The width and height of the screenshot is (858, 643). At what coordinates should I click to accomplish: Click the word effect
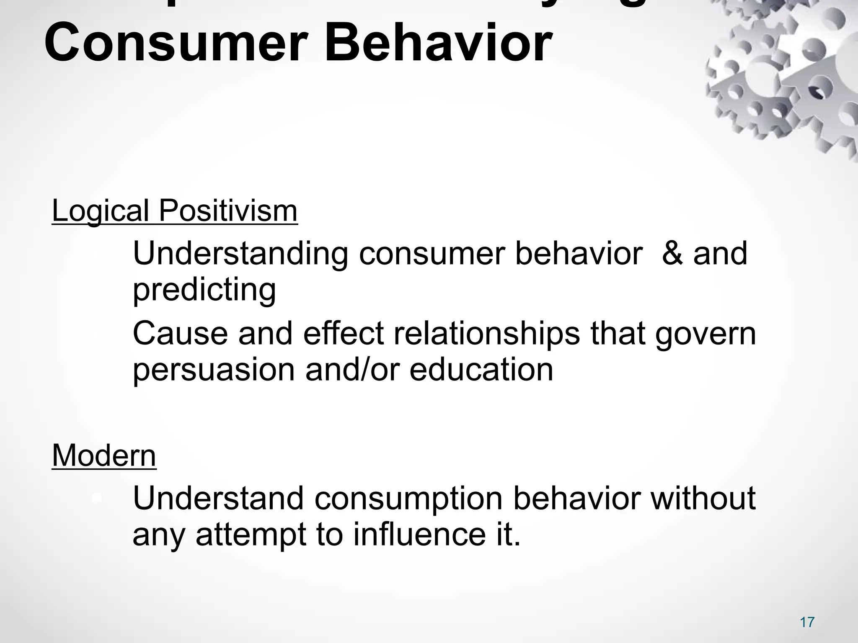pyautogui.click(x=343, y=334)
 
